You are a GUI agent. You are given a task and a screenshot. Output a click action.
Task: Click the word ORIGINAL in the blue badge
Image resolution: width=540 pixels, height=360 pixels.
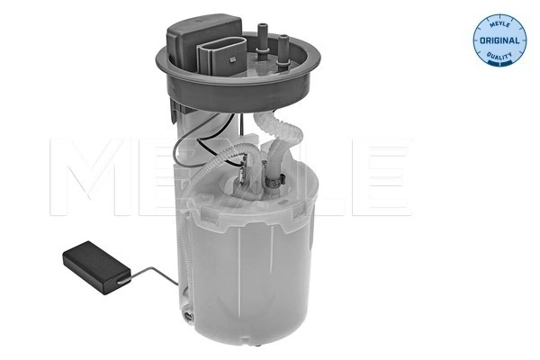click(499, 40)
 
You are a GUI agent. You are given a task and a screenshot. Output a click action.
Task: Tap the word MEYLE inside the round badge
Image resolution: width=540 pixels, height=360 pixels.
click(499, 24)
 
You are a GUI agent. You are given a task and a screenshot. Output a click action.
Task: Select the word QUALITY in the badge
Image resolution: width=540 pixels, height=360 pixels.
click(499, 56)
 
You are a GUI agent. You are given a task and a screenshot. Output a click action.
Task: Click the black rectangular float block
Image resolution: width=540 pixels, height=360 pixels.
click(96, 267)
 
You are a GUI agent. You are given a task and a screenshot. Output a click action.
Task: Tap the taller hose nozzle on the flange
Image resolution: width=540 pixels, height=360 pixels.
click(263, 41)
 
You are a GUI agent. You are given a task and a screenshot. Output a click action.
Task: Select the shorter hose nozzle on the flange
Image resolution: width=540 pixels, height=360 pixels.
click(283, 51)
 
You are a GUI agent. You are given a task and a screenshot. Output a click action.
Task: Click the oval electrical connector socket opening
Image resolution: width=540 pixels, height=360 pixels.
click(222, 55)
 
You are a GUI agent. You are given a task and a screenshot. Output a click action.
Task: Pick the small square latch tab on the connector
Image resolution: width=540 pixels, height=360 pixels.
click(233, 60)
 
